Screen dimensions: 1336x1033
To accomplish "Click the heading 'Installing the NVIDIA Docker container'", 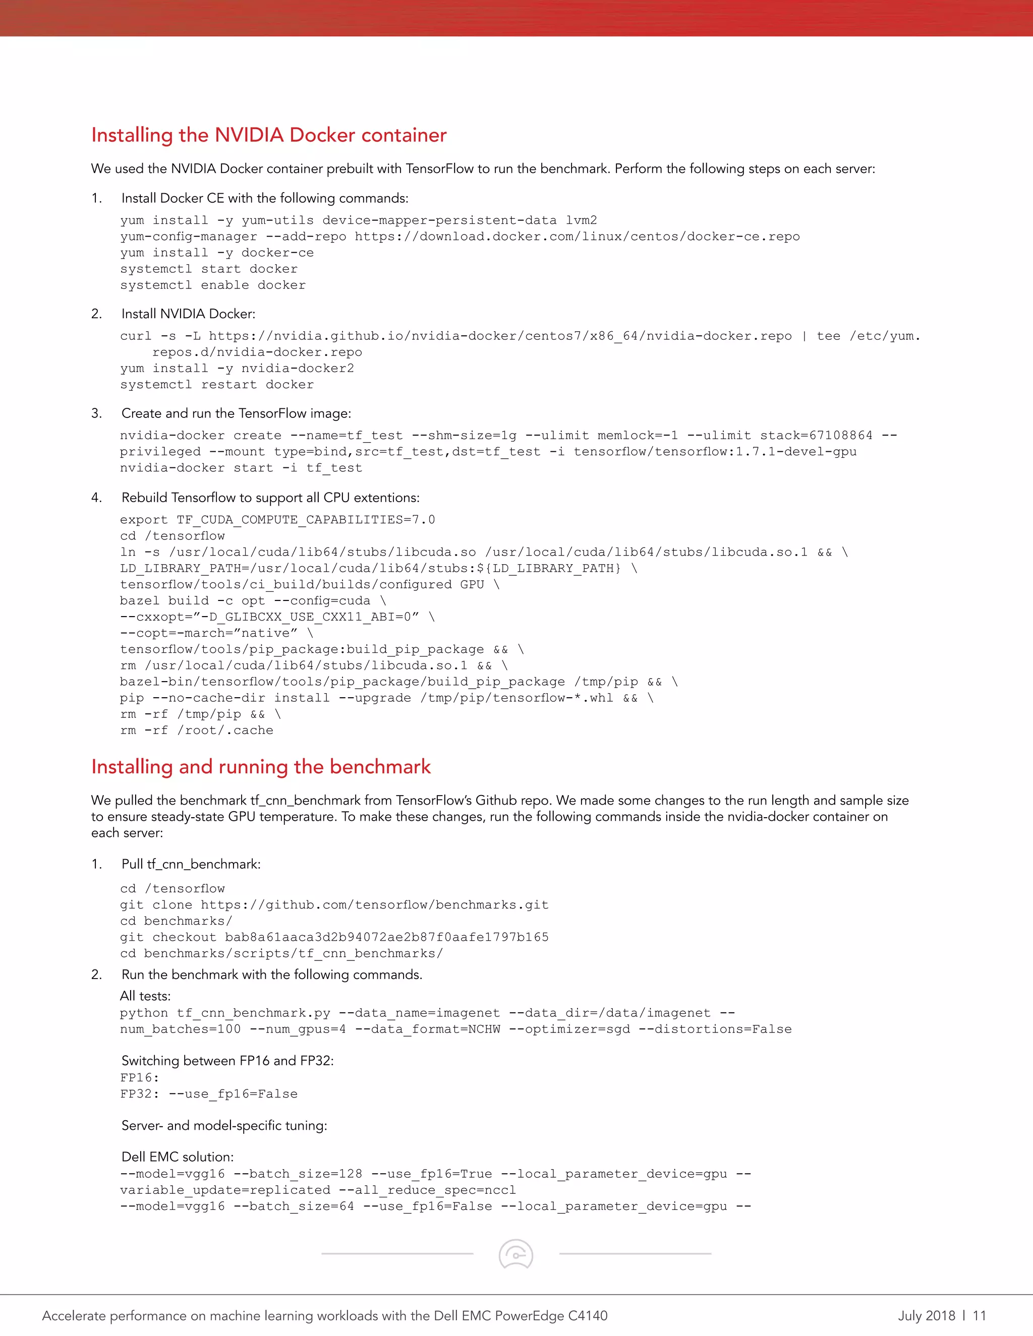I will tap(269, 135).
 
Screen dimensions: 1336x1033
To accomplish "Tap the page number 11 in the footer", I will tap(979, 1315).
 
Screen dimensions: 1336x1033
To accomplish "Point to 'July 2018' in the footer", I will tap(926, 1315).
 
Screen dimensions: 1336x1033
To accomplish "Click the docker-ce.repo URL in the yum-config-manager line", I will tap(577, 237).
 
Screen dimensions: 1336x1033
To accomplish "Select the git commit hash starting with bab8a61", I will tap(386, 937).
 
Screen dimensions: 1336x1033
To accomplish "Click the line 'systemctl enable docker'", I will tap(212, 285).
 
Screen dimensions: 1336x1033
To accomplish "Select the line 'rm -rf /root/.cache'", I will tap(196, 731).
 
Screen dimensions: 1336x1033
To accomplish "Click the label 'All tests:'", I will tap(146, 996).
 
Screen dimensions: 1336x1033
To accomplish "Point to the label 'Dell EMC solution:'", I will tap(178, 1157).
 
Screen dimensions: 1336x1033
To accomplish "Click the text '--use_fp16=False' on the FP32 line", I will tap(233, 1094).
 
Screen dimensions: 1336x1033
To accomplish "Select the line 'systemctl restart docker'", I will tap(216, 385).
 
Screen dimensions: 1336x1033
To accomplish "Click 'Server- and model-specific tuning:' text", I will tap(224, 1126).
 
